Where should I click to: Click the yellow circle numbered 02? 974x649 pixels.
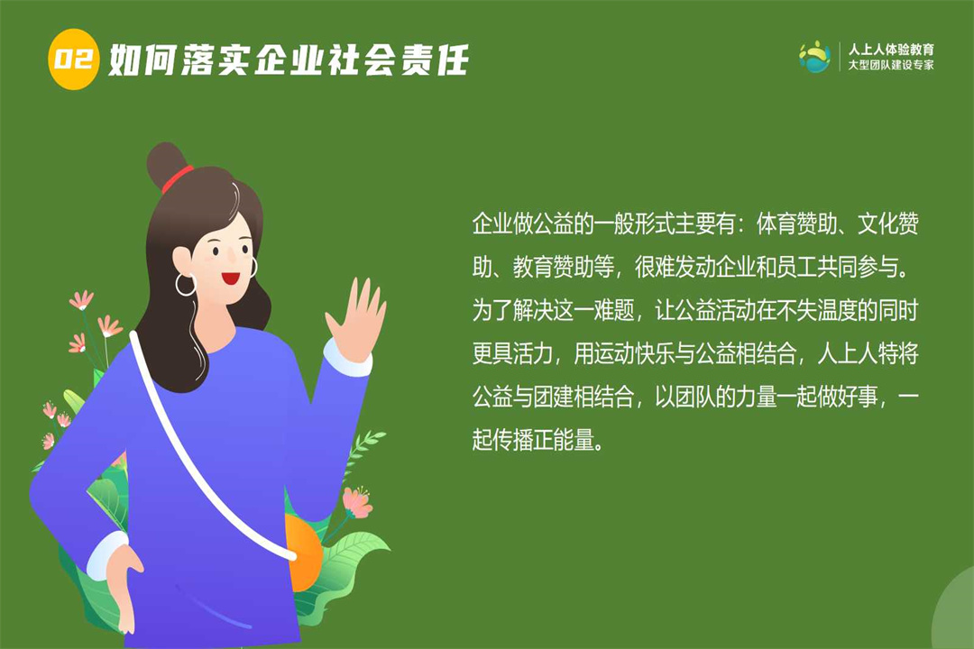click(x=73, y=59)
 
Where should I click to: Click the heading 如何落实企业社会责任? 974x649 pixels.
click(x=289, y=60)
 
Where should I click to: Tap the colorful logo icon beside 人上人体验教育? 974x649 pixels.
click(x=814, y=57)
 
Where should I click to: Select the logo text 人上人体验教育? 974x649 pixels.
click(x=891, y=49)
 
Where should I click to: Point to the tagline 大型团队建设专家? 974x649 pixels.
click(x=891, y=65)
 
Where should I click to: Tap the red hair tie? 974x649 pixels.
click(x=178, y=178)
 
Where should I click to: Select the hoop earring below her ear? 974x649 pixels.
click(x=186, y=285)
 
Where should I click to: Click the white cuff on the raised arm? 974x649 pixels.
click(x=346, y=358)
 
